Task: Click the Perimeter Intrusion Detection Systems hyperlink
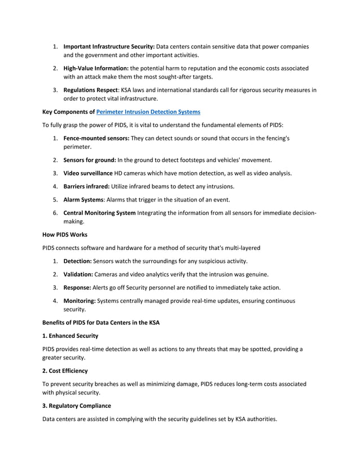point(148,112)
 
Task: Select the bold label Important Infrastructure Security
point(109,46)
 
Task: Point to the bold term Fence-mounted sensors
point(96,138)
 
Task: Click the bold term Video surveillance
point(88,173)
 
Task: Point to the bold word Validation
point(78,274)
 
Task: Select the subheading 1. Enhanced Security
point(71,336)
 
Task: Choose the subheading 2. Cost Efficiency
point(65,371)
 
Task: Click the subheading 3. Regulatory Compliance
point(77,406)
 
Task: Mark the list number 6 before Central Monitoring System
point(55,212)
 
